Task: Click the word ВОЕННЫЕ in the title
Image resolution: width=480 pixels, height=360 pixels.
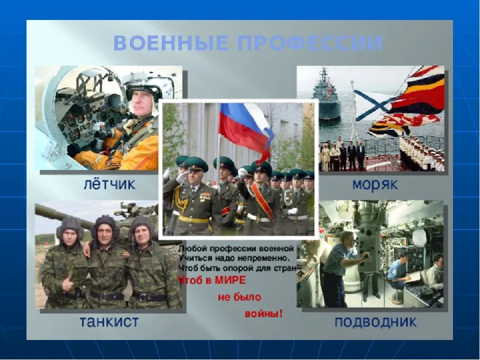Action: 170,43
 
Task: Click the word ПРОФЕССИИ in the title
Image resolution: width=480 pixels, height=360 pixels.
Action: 310,43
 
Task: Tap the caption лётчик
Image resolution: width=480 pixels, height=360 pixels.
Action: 109,184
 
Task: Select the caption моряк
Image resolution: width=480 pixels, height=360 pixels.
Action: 375,184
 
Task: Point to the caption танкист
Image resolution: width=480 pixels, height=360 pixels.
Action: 109,321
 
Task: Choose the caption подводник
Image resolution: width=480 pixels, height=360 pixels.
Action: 375,322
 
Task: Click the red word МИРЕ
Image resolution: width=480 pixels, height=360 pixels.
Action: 230,280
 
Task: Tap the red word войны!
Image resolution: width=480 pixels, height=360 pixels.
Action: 263,314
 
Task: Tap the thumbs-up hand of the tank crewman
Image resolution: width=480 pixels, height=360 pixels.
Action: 67,283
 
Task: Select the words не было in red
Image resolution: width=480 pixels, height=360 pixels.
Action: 239,297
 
